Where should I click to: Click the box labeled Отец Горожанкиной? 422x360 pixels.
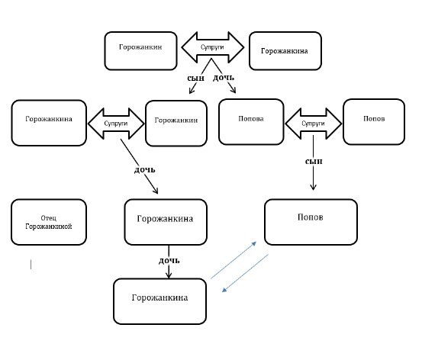coord(49,222)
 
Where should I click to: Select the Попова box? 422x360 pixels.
coord(251,122)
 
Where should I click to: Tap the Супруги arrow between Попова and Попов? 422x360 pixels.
coord(314,124)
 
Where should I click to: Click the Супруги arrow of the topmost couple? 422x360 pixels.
coord(213,47)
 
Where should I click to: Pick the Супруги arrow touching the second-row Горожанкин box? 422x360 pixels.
coord(116,124)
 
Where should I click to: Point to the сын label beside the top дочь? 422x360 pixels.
coord(195,79)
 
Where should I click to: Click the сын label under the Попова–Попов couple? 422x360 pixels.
coord(314,161)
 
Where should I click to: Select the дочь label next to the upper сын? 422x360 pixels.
coord(224,78)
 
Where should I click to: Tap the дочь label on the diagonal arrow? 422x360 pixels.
coord(144,170)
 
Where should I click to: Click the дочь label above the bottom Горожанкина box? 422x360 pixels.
coord(169,260)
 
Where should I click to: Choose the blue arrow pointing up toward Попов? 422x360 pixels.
coord(234,260)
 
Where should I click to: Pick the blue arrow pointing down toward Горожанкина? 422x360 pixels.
coord(245,273)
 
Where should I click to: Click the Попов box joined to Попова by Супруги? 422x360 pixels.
coord(374,122)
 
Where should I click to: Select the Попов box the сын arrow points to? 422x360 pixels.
coord(311,222)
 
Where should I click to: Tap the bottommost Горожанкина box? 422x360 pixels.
coord(159,301)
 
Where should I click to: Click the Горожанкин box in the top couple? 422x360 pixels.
coord(140,51)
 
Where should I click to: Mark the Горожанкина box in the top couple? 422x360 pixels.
coord(285,51)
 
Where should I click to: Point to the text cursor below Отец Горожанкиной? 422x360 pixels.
coord(31,264)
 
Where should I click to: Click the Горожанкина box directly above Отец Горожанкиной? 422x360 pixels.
coord(49,123)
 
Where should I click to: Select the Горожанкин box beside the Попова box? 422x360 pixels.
coord(176,124)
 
